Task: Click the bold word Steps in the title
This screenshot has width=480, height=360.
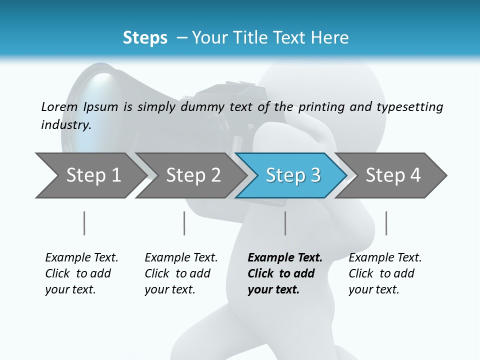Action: pyautogui.click(x=145, y=38)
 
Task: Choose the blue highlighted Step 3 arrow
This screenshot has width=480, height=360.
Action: pyautogui.click(x=293, y=175)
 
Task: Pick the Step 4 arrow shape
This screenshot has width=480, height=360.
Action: pyautogui.click(x=393, y=175)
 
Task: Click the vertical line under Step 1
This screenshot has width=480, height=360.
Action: pyautogui.click(x=84, y=223)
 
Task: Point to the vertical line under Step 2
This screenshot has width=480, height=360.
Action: pyautogui.click(x=184, y=223)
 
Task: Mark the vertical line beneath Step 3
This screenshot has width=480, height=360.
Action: pyautogui.click(x=285, y=223)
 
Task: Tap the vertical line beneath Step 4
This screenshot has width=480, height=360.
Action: pyautogui.click(x=386, y=223)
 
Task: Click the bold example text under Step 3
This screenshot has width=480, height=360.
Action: pyautogui.click(x=285, y=273)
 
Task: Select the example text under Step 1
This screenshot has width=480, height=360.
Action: pyautogui.click(x=81, y=273)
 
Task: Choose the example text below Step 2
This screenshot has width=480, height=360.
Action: pyautogui.click(x=181, y=273)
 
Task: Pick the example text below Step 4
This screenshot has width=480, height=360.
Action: pyautogui.click(x=385, y=273)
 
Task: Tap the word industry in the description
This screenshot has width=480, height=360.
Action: pyautogui.click(x=65, y=125)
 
